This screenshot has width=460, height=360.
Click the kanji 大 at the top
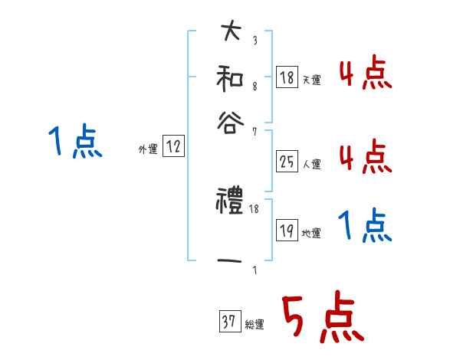click(x=231, y=33)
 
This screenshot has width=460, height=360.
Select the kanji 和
click(x=231, y=78)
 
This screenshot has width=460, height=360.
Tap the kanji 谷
click(x=231, y=120)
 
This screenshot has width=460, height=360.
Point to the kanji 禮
click(x=231, y=203)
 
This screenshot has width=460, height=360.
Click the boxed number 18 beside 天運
click(x=287, y=77)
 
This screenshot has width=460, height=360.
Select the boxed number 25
click(x=287, y=162)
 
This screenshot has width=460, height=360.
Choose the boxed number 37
click(x=228, y=322)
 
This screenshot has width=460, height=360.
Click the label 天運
click(x=311, y=80)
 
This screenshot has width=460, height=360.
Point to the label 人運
click(x=311, y=164)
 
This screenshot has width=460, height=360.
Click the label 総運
click(x=254, y=325)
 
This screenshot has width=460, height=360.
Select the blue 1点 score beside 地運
click(x=364, y=227)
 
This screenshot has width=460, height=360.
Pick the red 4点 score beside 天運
click(x=365, y=74)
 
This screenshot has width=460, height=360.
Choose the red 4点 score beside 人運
click(x=365, y=157)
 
